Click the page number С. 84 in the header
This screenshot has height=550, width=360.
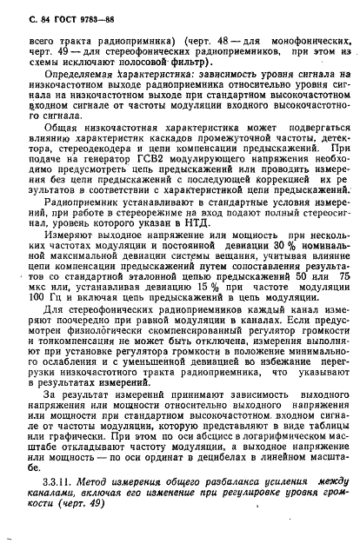tap(43, 15)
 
